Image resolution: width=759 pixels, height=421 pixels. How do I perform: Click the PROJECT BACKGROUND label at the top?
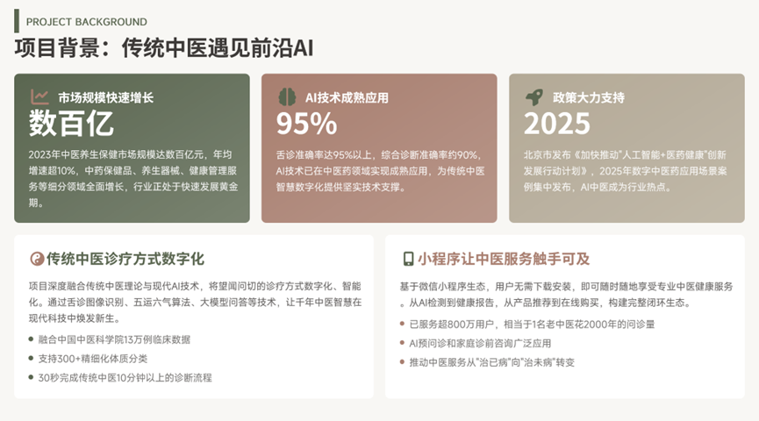coord(87,22)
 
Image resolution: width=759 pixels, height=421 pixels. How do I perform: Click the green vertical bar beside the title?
coord(17,21)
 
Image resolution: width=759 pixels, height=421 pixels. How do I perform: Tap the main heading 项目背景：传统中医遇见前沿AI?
coord(164,48)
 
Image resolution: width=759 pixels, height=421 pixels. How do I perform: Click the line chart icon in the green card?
coord(39,96)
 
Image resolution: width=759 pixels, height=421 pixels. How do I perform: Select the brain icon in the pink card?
coord(287,96)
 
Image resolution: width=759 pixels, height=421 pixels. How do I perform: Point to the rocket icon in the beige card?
coord(534,96)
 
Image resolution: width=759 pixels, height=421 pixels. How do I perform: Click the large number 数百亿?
coord(71,124)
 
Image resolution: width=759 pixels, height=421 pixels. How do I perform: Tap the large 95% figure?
coord(306,124)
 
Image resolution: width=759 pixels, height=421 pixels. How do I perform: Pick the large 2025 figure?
coord(556,124)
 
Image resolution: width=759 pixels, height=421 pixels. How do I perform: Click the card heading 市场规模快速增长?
coord(105,97)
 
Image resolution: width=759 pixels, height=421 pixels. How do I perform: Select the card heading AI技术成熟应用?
coord(347,97)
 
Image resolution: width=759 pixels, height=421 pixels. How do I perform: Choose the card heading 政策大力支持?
coord(589,97)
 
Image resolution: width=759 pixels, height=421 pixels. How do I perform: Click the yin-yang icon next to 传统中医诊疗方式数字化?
coord(37,259)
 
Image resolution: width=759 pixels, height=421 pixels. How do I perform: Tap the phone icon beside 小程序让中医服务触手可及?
coord(408,259)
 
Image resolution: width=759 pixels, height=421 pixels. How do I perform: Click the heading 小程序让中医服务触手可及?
coord(504,259)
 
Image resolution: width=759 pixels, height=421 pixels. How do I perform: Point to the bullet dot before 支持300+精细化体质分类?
coord(31,359)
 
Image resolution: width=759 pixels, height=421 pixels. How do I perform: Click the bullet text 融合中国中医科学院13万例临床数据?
coord(114,339)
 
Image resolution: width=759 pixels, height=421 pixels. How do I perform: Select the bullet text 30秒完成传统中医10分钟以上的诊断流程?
coord(125,377)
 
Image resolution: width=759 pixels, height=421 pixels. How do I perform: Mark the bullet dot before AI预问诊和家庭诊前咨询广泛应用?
coord(402,343)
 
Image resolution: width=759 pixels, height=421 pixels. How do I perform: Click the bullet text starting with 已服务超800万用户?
coord(532,325)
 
